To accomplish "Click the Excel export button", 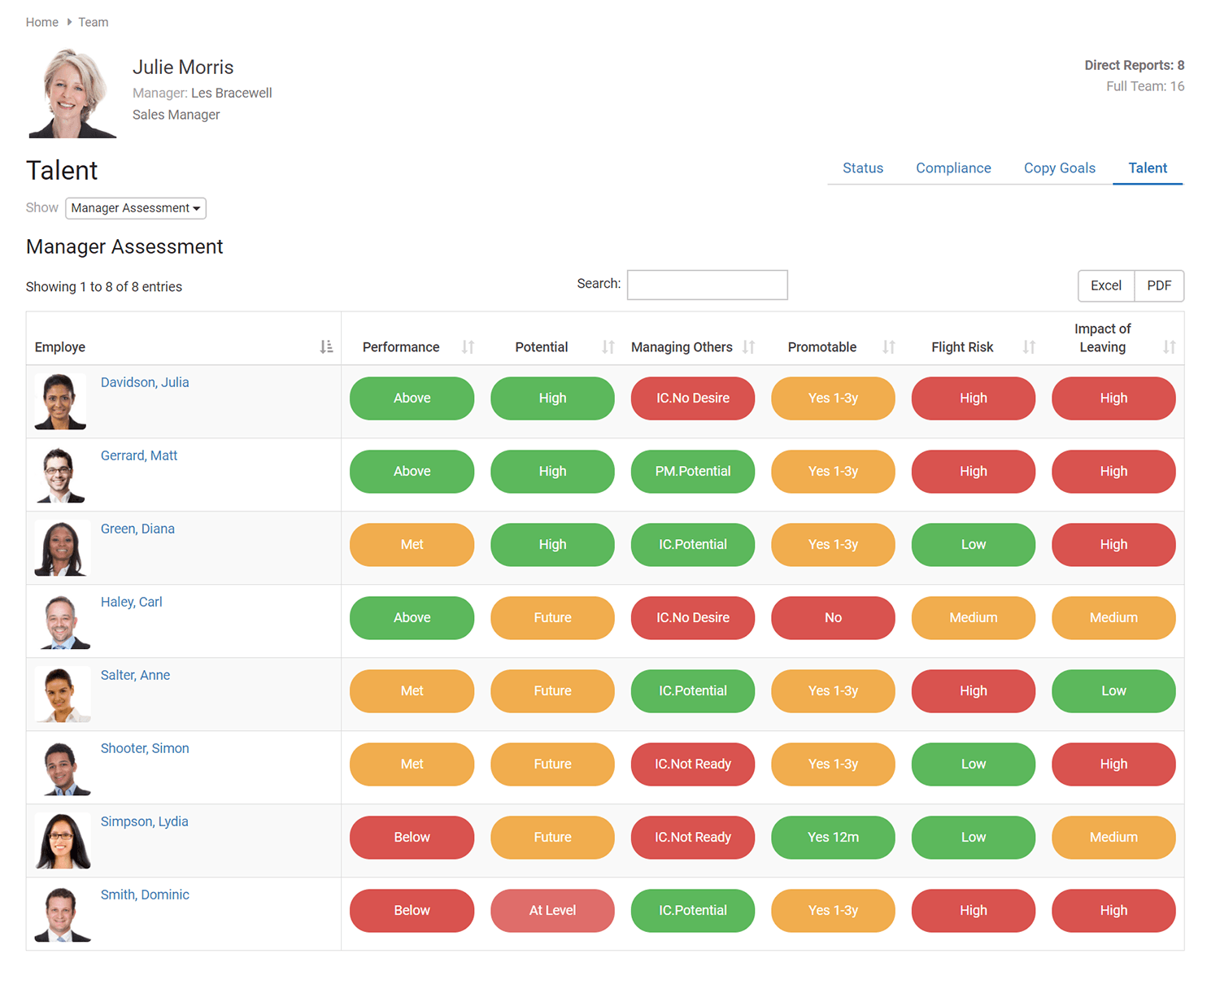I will [x=1105, y=285].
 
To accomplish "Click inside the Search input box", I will [x=707, y=285].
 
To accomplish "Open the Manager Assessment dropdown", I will [x=136, y=208].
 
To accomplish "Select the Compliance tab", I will [x=953, y=168].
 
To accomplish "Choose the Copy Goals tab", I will [x=1059, y=168].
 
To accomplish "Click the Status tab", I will [x=862, y=168].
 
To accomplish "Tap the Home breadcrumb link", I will [x=41, y=22].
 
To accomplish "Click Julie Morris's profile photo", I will [x=72, y=94].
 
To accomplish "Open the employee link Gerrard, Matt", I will [x=139, y=455].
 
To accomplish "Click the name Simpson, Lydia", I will [x=144, y=821].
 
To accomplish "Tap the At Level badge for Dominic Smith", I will [x=552, y=910].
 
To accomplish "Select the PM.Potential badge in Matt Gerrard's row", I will [x=693, y=471].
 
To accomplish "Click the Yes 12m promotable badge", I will [x=833, y=837].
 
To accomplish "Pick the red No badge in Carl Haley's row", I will [x=833, y=617].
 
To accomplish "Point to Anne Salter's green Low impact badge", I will [x=1113, y=690].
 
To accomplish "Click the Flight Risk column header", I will [x=962, y=347].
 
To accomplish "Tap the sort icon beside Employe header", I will [x=326, y=347].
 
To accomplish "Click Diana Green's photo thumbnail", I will [x=61, y=548].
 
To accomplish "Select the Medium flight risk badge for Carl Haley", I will [x=973, y=617].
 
